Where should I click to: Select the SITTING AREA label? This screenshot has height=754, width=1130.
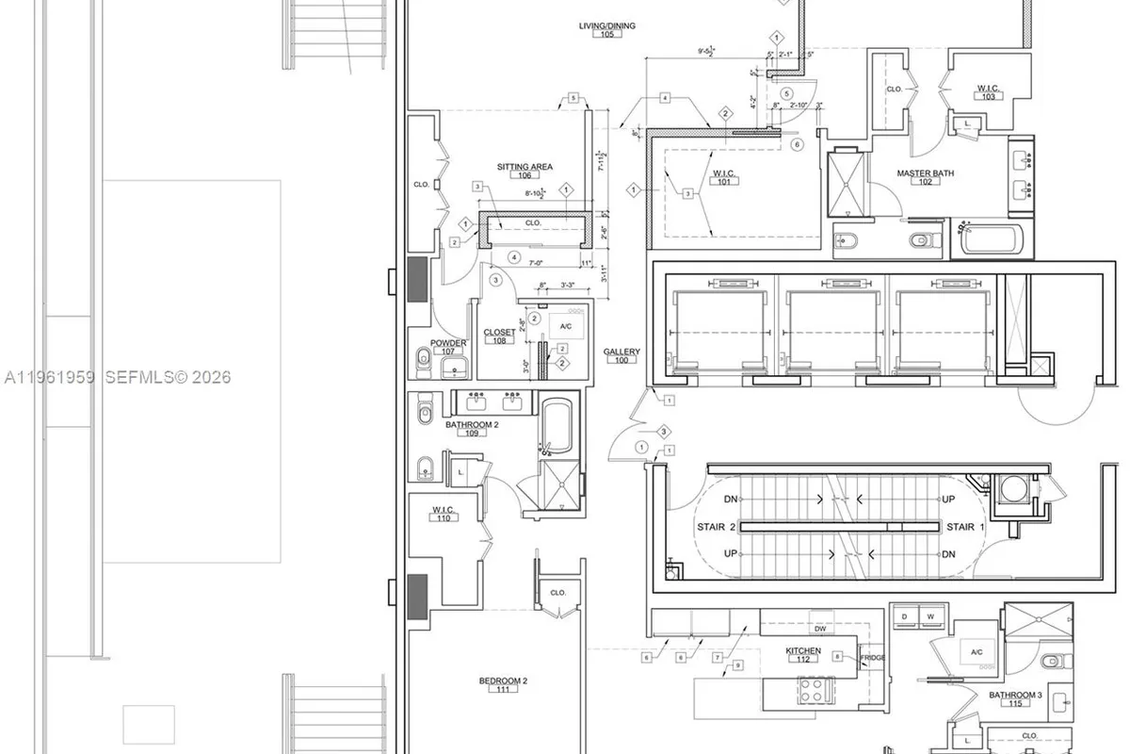point(525,167)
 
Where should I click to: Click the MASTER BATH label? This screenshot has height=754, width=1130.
point(924,173)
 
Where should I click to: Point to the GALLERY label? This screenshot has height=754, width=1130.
point(621,352)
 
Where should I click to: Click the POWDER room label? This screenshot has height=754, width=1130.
point(448,343)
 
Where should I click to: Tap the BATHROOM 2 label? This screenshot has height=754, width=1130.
point(472,424)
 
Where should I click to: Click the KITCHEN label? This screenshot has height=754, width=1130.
point(803,650)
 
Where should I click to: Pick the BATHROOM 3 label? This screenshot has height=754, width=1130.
point(1015,695)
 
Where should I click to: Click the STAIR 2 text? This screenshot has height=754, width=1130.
point(711,527)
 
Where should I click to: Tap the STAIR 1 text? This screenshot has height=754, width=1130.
point(960,527)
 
